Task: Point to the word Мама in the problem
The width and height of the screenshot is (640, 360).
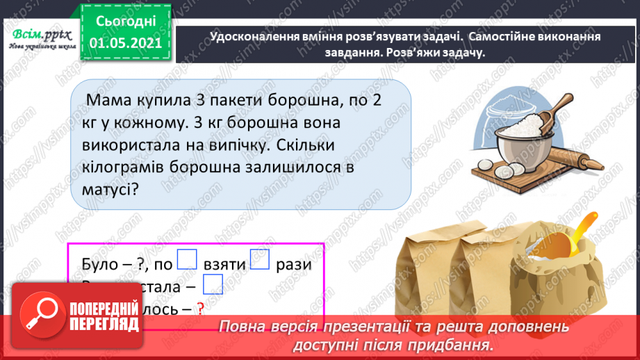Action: pyautogui.click(x=108, y=101)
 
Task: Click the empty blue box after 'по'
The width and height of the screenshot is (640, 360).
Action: pyautogui.click(x=188, y=259)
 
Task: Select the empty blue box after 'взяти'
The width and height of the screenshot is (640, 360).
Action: pyautogui.click(x=259, y=259)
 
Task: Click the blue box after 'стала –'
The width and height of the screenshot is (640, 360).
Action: pyautogui.click(x=213, y=284)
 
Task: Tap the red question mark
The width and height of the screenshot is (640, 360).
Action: pyautogui.click(x=201, y=310)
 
